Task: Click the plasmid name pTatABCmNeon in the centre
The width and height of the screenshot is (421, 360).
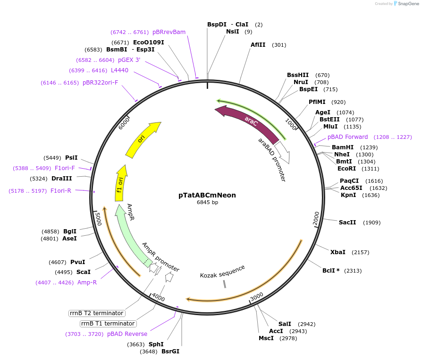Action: (x=207, y=195)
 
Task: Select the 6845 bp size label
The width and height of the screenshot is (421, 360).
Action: (x=207, y=202)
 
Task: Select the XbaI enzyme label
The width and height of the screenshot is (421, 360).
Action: (x=337, y=252)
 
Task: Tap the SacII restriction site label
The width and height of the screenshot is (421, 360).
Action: (x=346, y=223)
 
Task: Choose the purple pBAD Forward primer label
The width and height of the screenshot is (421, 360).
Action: (x=347, y=137)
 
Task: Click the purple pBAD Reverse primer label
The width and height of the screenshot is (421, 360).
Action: (x=127, y=334)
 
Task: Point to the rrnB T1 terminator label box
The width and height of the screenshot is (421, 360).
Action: (x=108, y=324)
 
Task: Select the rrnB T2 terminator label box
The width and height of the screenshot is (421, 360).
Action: (x=97, y=313)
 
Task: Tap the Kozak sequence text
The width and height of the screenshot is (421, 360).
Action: (x=222, y=272)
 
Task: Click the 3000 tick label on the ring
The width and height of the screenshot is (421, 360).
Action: (x=257, y=296)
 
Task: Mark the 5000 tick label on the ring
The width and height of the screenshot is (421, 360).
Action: (x=98, y=219)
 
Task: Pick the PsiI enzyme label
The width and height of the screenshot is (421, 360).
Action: (x=71, y=158)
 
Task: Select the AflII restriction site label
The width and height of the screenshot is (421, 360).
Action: (x=258, y=45)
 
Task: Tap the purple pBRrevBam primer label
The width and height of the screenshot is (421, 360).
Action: (x=168, y=32)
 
